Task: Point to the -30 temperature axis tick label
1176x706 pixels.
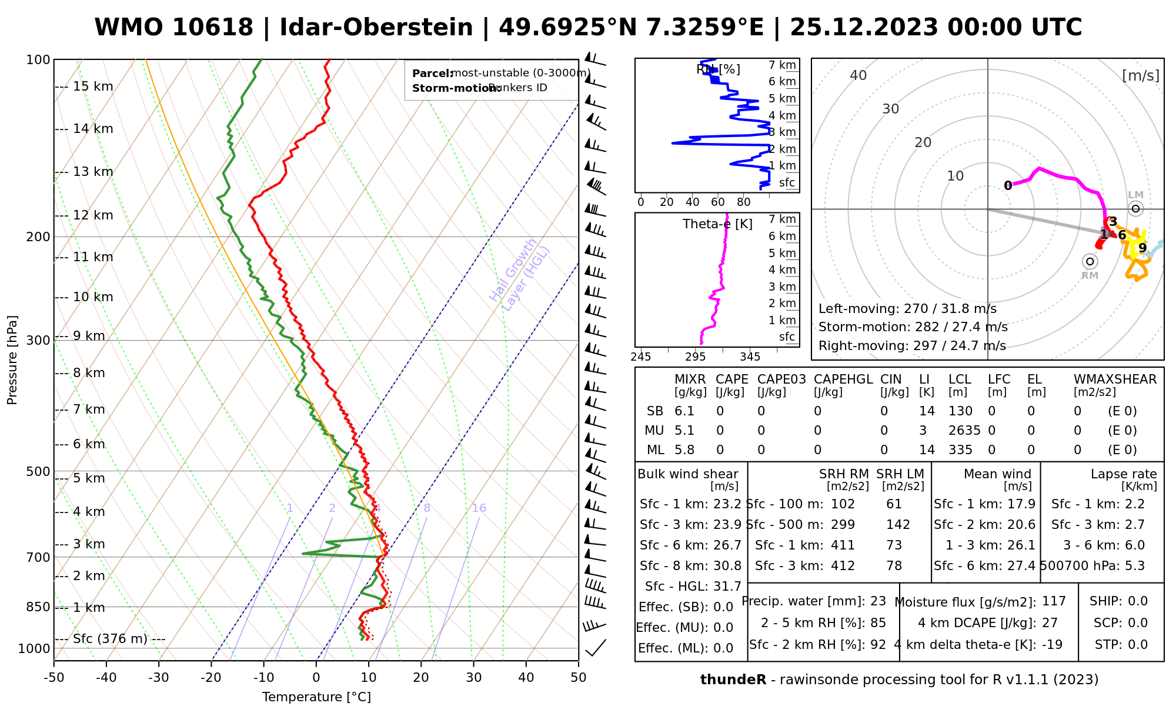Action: click(159, 678)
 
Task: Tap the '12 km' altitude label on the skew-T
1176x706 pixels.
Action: click(93, 215)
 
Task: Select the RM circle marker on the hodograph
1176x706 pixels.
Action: click(1090, 261)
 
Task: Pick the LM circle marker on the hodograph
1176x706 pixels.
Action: click(1135, 208)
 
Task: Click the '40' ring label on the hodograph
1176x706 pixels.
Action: click(858, 75)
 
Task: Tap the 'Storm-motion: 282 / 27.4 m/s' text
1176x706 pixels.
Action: click(913, 327)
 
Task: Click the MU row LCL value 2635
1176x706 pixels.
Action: click(964, 431)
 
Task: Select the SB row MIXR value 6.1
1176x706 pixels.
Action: click(684, 411)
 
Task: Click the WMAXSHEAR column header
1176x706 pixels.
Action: click(1115, 379)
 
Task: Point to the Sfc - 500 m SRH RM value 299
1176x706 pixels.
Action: click(843, 525)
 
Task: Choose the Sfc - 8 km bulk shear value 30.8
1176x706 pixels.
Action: click(727, 566)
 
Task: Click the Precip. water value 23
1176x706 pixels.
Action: click(878, 601)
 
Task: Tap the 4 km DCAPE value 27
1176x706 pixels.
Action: click(1050, 623)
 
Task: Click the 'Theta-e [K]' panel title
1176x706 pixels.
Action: click(717, 224)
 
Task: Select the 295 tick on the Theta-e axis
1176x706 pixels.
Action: click(695, 357)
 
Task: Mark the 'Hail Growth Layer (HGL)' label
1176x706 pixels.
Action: click(520, 274)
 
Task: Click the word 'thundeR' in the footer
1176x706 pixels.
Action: click(733, 680)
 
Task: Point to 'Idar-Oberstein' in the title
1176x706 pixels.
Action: click(376, 28)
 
